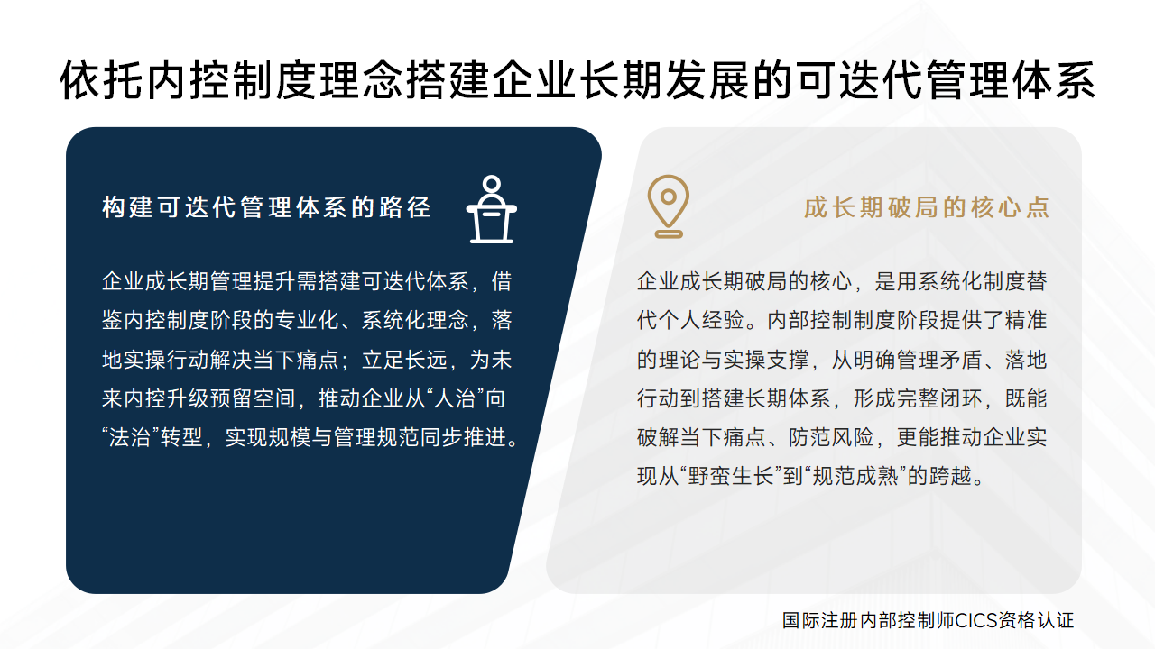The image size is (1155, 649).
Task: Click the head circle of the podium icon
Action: pyautogui.click(x=492, y=184)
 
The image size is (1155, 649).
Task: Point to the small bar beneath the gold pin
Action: pyautogui.click(x=669, y=235)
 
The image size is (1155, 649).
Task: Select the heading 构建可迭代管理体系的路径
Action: pyautogui.click(x=266, y=207)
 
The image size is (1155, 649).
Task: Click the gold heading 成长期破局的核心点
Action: pyautogui.click(x=927, y=207)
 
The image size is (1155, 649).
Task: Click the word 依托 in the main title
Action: pyautogui.click(x=102, y=80)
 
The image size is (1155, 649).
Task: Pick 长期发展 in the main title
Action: pyautogui.click(x=666, y=80)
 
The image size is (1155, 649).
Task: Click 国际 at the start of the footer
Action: pyautogui.click(x=800, y=620)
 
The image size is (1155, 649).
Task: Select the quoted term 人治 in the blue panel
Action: pyautogui.click(x=454, y=398)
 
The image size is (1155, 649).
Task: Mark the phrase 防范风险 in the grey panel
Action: pyautogui.click(x=831, y=438)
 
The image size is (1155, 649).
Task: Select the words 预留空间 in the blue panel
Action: pyautogui.click(x=253, y=398)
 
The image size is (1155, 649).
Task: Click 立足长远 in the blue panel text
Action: pyautogui.click(x=404, y=360)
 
